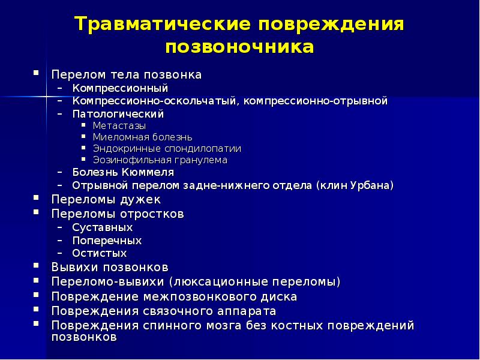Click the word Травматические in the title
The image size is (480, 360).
click(161, 25)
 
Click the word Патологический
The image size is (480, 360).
click(109, 113)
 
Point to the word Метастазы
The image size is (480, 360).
click(119, 125)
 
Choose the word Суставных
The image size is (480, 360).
click(103, 228)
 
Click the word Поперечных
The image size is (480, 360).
click(107, 241)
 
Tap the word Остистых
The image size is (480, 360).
click(100, 253)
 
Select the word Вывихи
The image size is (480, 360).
click(72, 267)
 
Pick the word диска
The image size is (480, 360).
click(281, 296)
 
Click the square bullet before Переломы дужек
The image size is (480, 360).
click(37, 197)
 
